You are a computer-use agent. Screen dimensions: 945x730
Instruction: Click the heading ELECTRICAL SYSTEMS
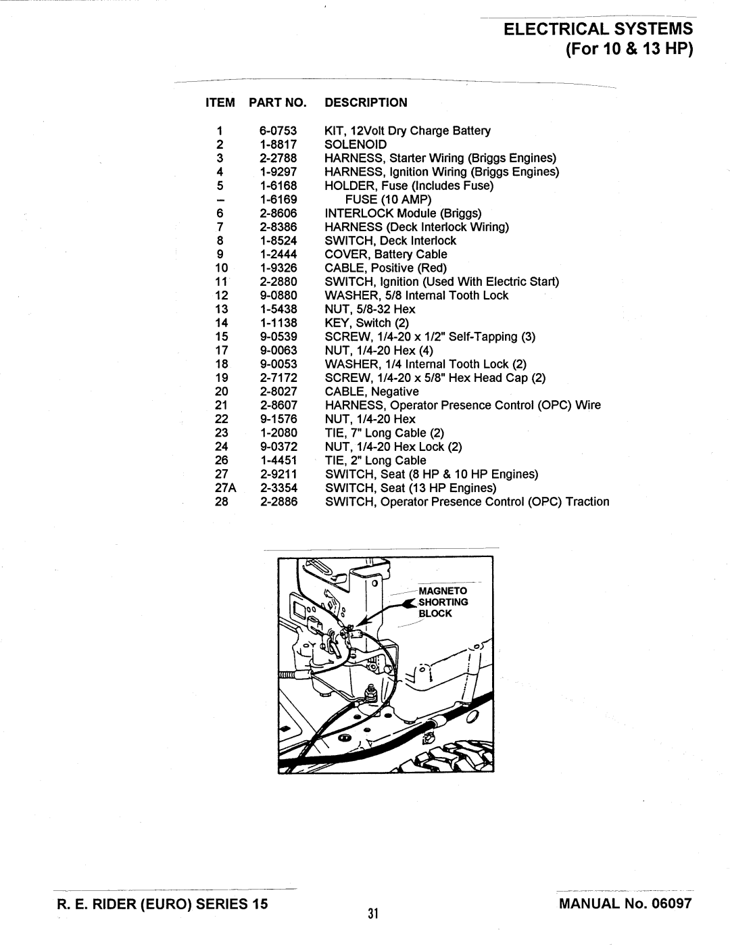(598, 29)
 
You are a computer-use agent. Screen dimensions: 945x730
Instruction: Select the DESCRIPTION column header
(366, 103)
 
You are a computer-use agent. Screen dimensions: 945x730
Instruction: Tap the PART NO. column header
(278, 103)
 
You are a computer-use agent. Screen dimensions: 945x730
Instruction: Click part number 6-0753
(278, 130)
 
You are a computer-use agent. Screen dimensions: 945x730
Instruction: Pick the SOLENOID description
(356, 145)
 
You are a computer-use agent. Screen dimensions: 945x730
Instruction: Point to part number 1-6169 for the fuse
(278, 199)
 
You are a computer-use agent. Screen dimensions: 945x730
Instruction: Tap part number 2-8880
(278, 281)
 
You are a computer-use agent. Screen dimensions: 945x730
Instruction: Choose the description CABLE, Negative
(372, 391)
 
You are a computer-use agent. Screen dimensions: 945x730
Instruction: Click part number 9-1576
(278, 419)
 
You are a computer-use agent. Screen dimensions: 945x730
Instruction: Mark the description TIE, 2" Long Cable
(375, 460)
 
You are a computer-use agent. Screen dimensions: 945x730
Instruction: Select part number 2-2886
(278, 502)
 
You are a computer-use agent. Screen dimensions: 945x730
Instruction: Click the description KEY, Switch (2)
(367, 322)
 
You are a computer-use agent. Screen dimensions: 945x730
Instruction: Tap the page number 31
(372, 915)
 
